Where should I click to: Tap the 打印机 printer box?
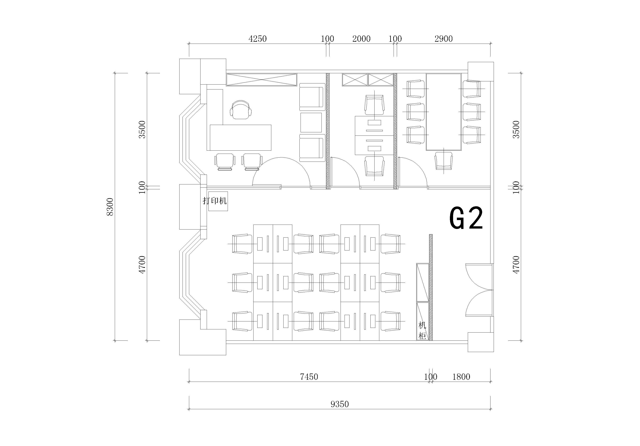(x=218, y=201)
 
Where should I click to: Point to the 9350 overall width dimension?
(x=339, y=404)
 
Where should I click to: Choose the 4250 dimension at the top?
(x=258, y=39)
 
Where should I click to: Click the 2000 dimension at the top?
(x=361, y=39)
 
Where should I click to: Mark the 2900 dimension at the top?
(x=443, y=39)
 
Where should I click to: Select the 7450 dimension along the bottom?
(x=309, y=377)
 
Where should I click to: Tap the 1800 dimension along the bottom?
(x=461, y=377)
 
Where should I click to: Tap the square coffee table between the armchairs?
(x=311, y=122)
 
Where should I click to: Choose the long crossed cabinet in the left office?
(x=261, y=80)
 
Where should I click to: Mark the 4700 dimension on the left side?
(x=142, y=265)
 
